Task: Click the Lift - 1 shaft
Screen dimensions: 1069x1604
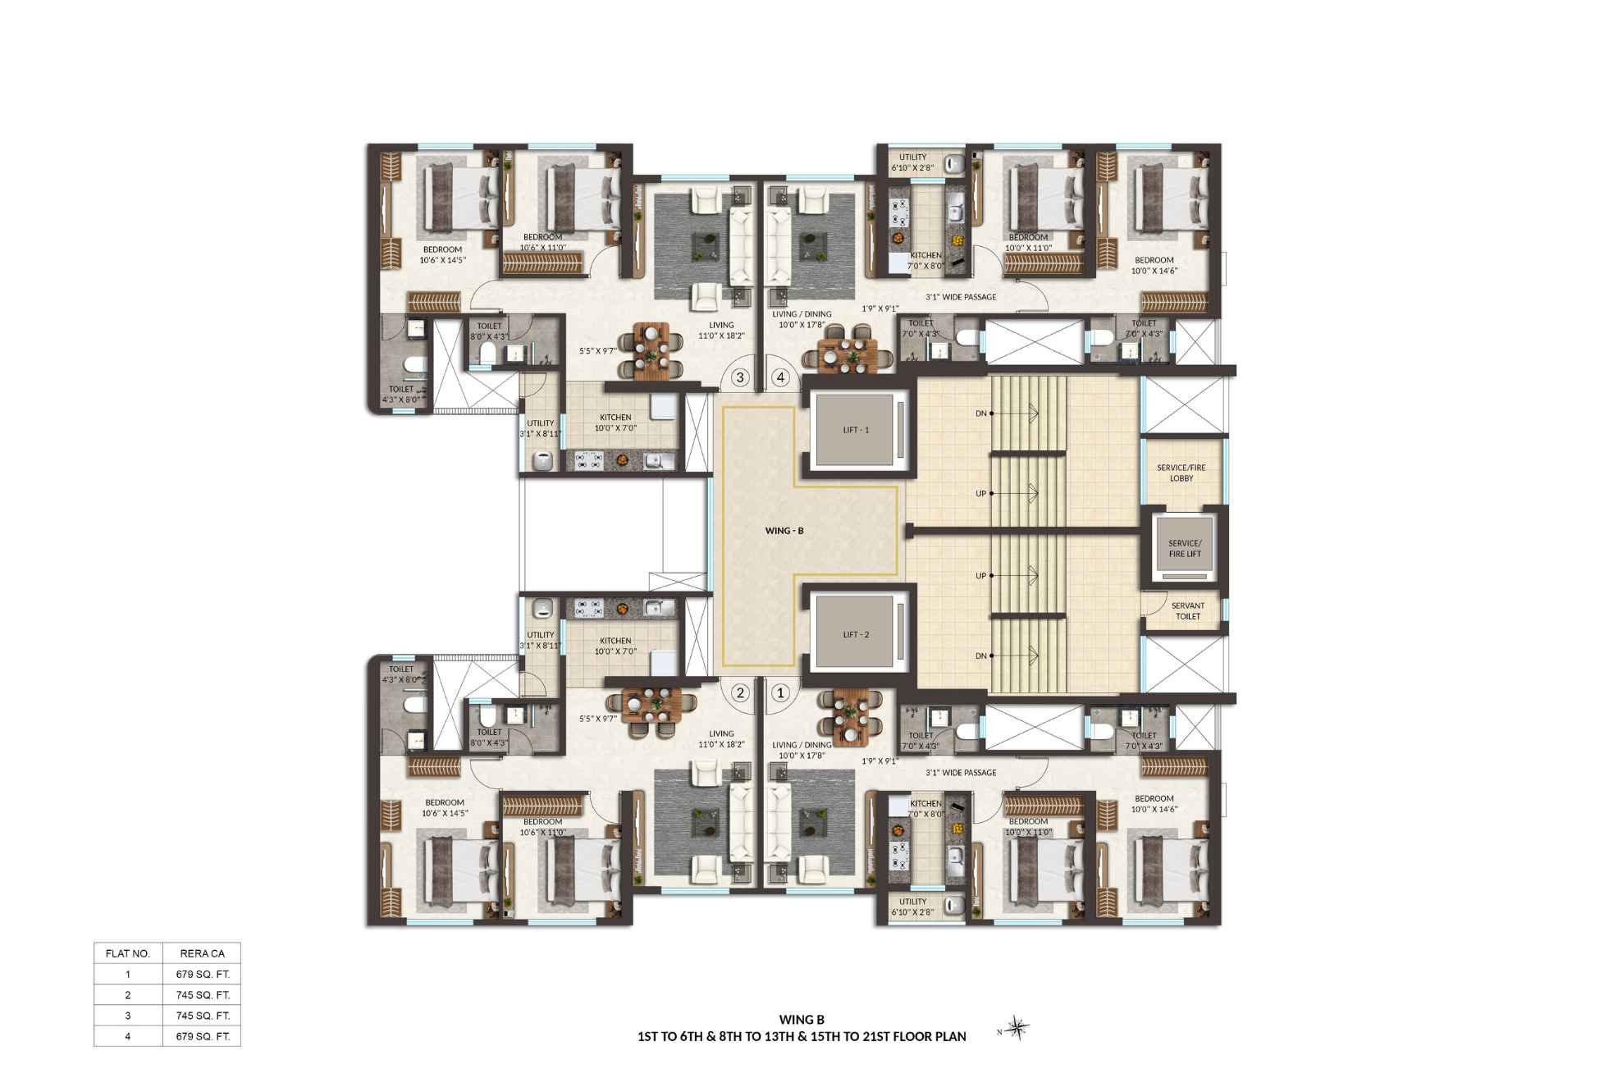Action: tap(856, 429)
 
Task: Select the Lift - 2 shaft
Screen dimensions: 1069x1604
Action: tap(856, 634)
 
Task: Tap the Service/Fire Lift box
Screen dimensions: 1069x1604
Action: tap(1185, 548)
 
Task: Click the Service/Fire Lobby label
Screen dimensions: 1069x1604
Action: tap(1181, 473)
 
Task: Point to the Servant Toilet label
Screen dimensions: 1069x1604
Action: tap(1187, 611)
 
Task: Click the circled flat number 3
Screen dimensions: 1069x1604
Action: tap(740, 377)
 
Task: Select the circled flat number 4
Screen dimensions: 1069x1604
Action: tap(781, 377)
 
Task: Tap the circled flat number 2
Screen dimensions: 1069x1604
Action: tap(740, 692)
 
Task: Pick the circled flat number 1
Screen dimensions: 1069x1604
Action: tap(781, 692)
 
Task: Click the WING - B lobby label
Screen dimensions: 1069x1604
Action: tap(784, 531)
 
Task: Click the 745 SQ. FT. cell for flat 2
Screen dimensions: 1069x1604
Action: tap(203, 995)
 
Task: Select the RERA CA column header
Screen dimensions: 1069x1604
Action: tap(203, 953)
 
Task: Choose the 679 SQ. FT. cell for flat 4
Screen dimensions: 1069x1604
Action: tap(203, 1036)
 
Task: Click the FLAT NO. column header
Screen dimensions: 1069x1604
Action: tap(128, 953)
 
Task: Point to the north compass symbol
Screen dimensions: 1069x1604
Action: tap(1017, 1028)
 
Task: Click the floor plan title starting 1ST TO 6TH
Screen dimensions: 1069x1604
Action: tap(802, 1036)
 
